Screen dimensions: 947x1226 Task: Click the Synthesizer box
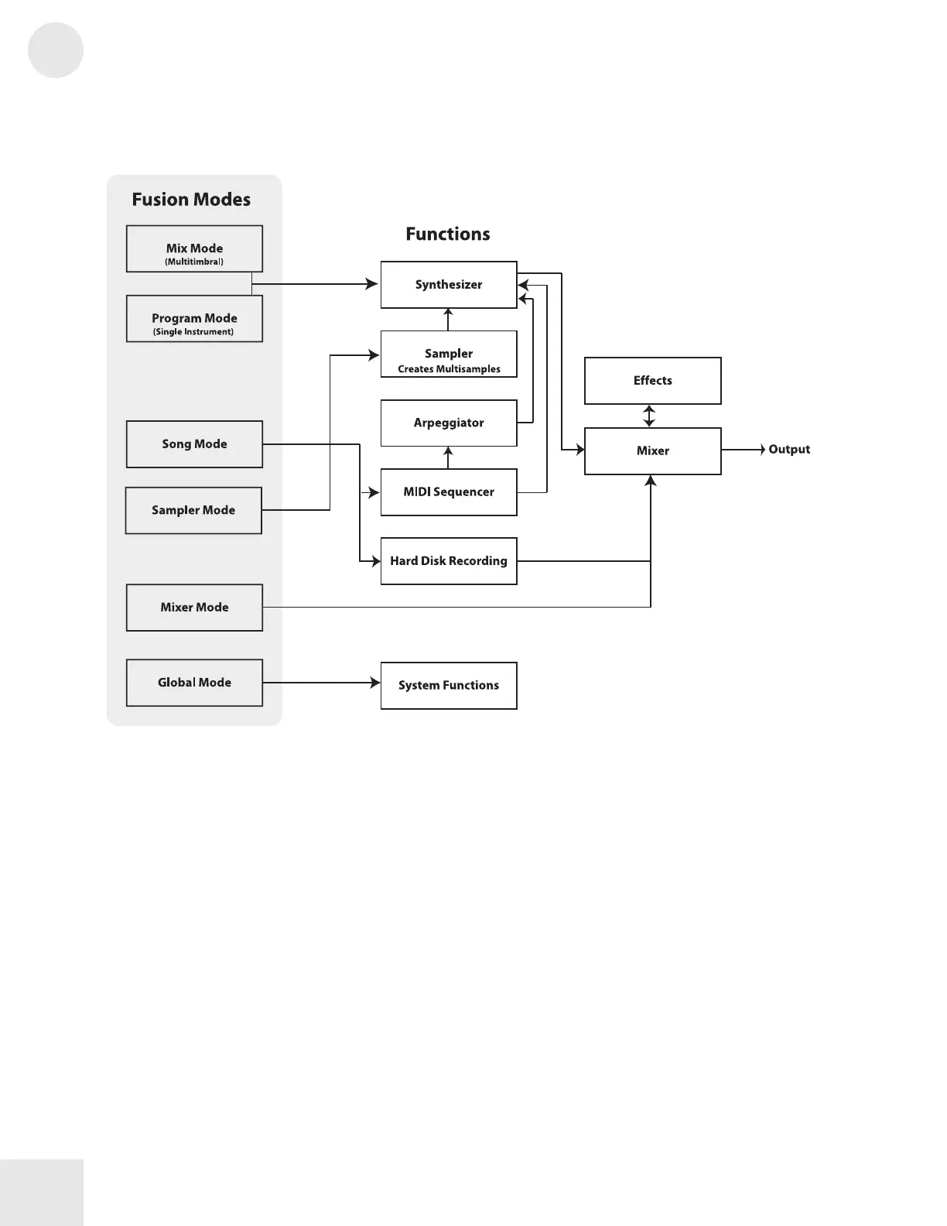tap(449, 284)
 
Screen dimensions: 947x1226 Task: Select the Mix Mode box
tap(194, 248)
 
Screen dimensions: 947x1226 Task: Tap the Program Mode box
tap(194, 318)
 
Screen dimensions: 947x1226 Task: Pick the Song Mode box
tap(194, 444)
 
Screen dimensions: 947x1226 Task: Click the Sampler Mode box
tap(193, 510)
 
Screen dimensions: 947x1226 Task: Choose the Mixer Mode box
tap(194, 607)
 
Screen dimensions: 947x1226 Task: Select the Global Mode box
tap(194, 683)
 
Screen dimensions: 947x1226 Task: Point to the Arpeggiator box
tap(449, 423)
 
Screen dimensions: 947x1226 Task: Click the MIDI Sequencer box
tap(449, 492)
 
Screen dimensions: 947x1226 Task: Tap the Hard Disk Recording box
tap(449, 561)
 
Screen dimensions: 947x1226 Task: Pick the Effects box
tap(652, 381)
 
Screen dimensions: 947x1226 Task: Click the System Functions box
tap(449, 686)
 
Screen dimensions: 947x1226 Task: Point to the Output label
tap(789, 449)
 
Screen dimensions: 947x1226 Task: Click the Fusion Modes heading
tap(191, 199)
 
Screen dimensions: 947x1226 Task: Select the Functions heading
tap(448, 234)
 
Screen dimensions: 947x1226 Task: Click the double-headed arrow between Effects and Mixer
tap(649, 416)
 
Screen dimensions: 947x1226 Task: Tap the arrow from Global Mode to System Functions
tap(322, 683)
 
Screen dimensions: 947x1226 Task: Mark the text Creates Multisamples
tap(449, 369)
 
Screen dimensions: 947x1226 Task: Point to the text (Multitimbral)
tap(194, 262)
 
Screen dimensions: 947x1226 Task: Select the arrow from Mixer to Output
tap(744, 450)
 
